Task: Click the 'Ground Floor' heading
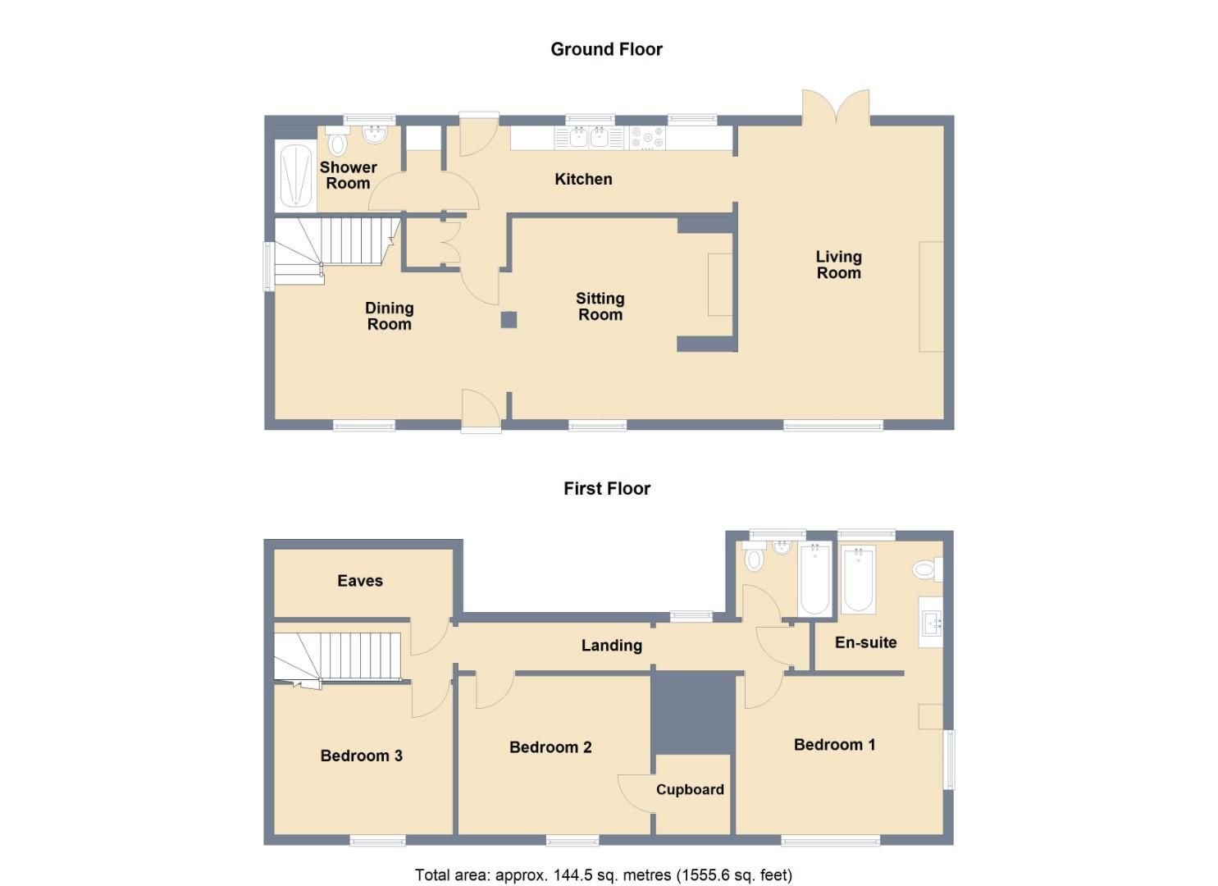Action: point(606,49)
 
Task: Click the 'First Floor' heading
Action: point(607,488)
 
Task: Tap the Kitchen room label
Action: point(583,179)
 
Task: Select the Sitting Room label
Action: point(600,306)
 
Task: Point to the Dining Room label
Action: point(390,316)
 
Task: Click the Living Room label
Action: point(839,264)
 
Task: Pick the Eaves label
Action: point(360,581)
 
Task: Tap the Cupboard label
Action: point(690,789)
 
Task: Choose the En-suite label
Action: point(865,642)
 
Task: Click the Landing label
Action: point(612,646)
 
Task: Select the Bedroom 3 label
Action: point(362,756)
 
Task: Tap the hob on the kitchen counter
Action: point(647,138)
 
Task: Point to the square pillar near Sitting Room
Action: point(509,320)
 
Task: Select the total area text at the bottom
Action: point(604,875)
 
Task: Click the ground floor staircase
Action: point(336,251)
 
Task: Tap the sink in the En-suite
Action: point(930,622)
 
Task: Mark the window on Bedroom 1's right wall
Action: point(949,759)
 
